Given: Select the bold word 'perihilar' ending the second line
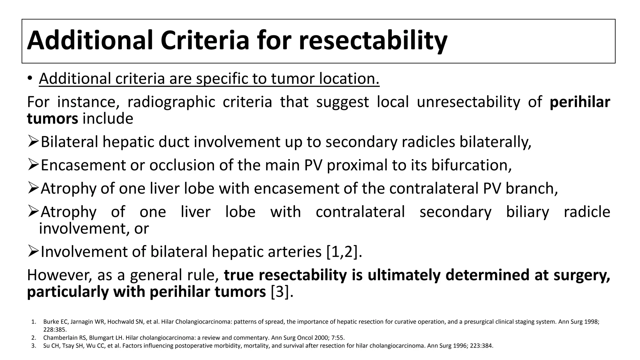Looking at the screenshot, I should click(580, 102).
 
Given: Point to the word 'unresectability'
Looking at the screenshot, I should click(468, 102).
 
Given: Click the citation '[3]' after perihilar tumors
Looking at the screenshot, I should click(282, 292).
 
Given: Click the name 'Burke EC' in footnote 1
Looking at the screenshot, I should click(52, 322).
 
